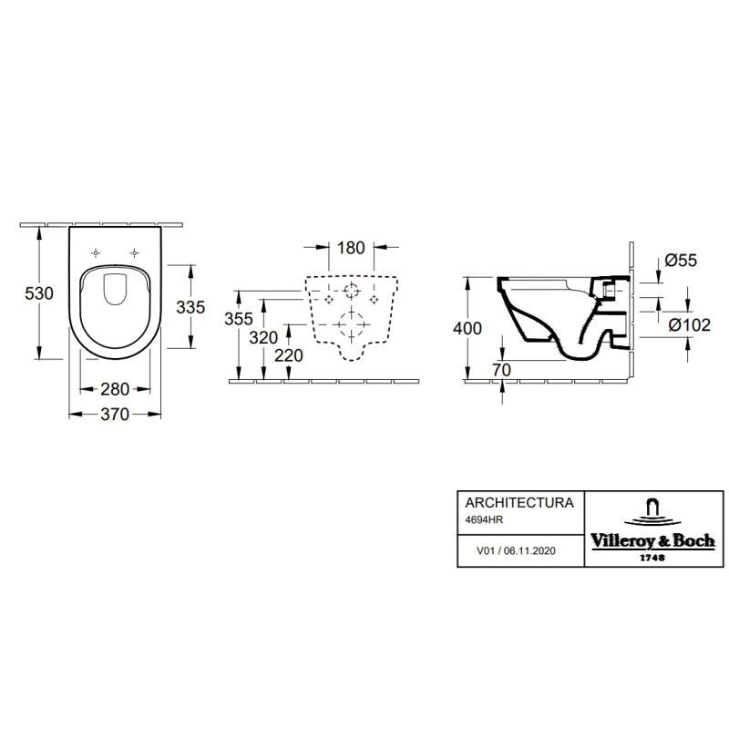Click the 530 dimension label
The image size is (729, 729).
39,293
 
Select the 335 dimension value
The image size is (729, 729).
190,307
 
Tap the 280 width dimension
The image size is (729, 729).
115,389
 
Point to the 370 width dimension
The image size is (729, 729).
115,415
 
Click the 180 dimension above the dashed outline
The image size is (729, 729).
351,248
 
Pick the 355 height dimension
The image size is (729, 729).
239,319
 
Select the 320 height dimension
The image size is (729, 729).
263,337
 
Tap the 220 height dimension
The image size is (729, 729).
289,355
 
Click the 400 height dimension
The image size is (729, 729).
467,329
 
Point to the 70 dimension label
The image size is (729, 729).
502,370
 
